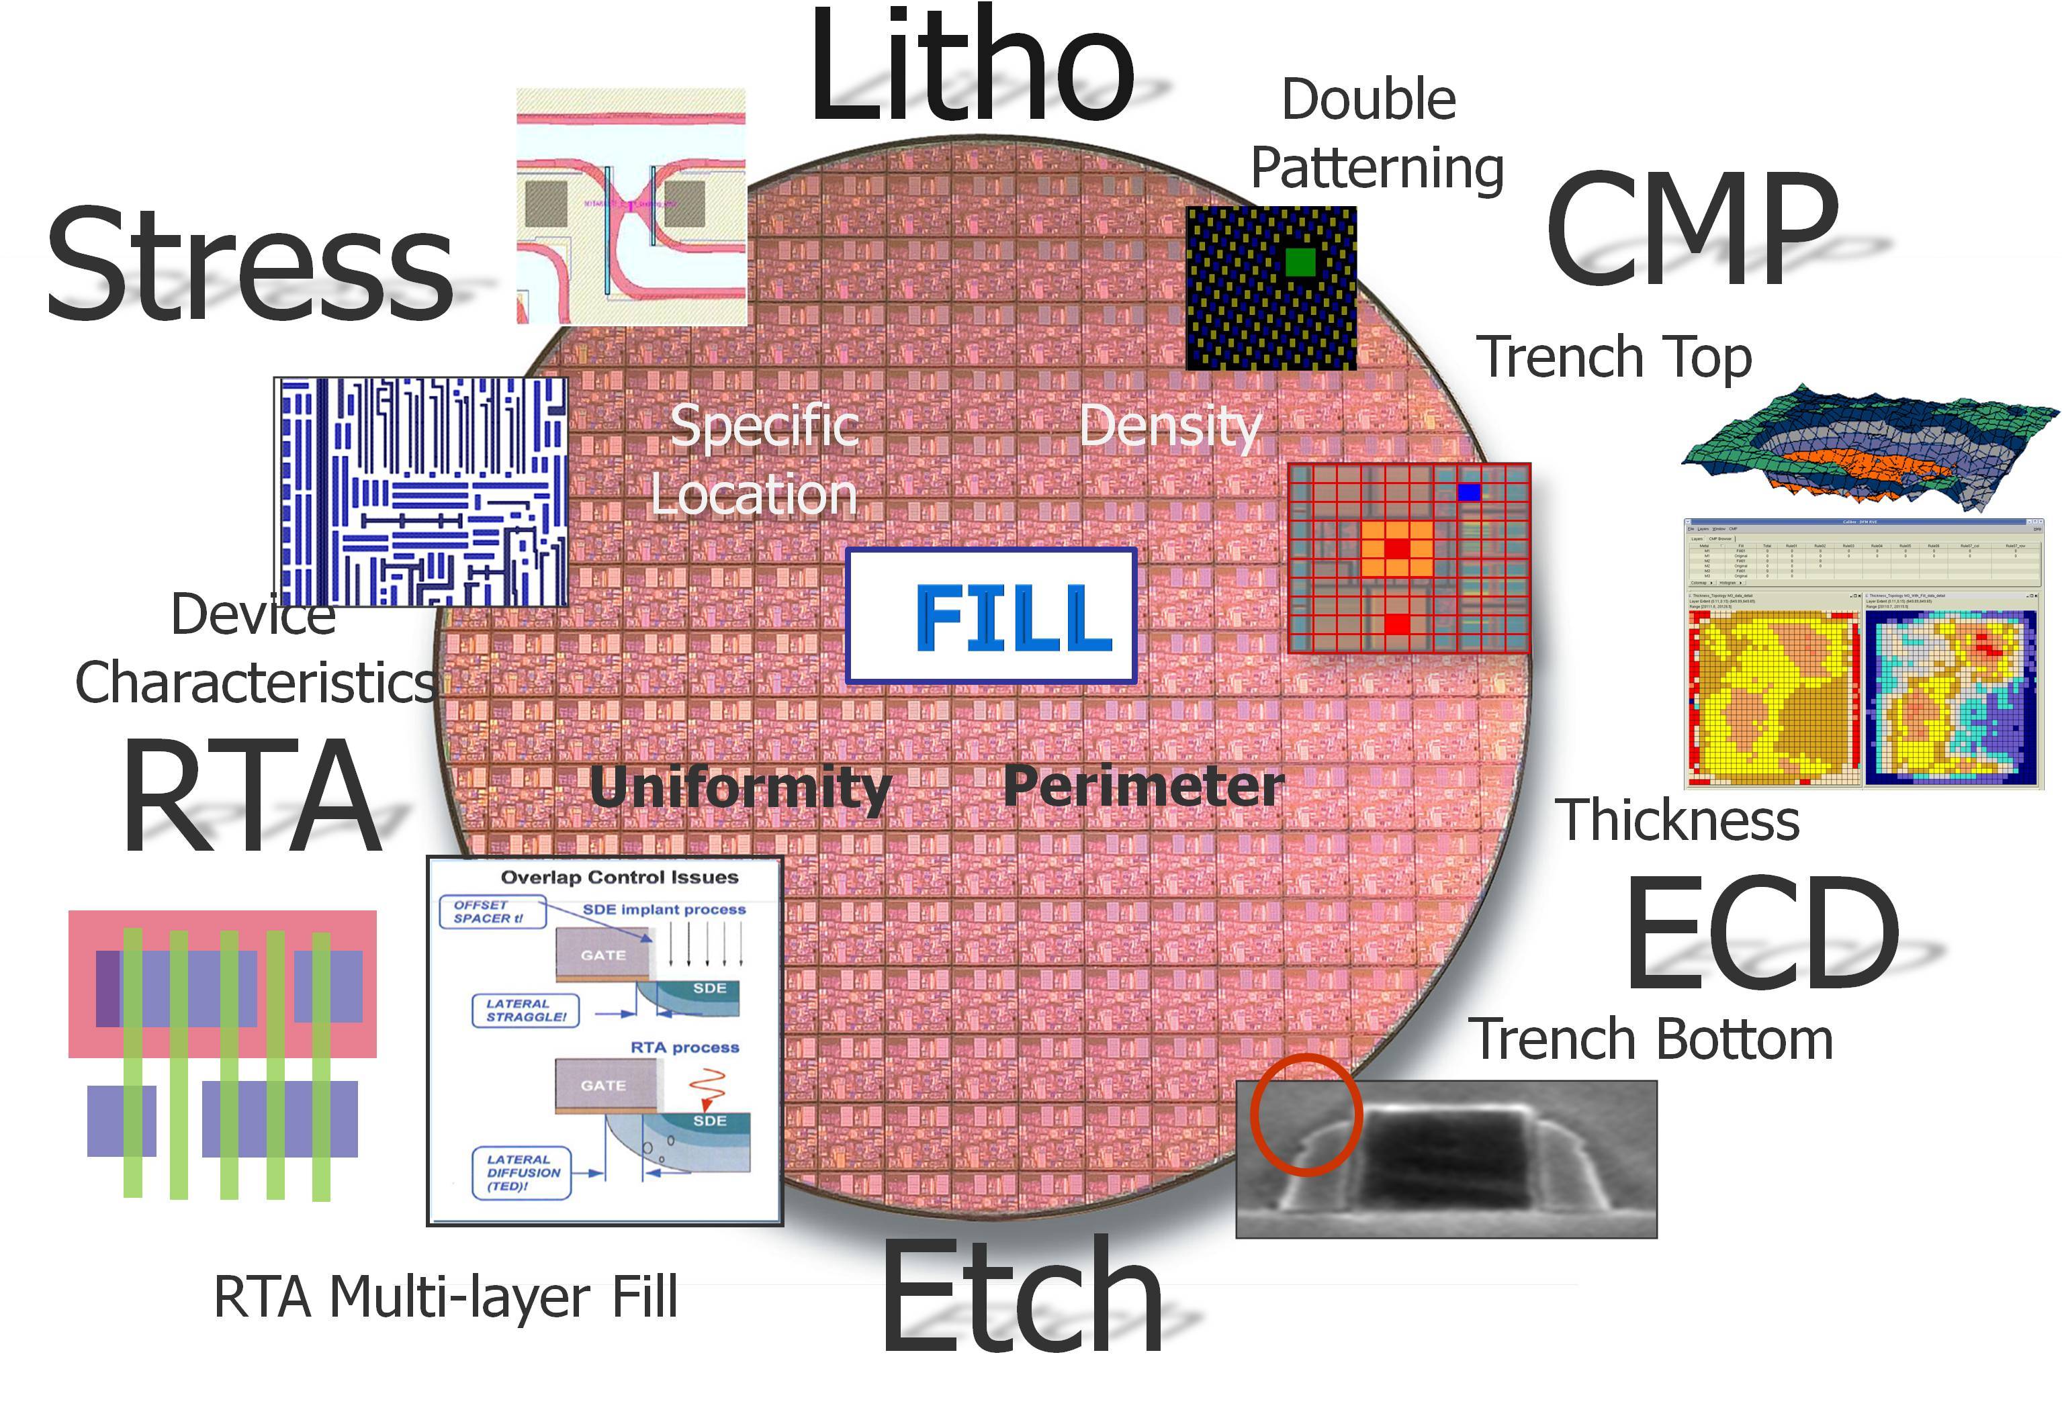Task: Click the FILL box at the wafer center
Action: pos(991,616)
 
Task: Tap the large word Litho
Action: pos(971,66)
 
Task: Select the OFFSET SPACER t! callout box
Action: pos(491,912)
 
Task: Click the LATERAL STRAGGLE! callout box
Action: pos(525,1010)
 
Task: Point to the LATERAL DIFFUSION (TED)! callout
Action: pos(523,1173)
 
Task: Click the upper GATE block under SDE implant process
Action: pos(603,955)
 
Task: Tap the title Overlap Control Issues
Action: pos(619,878)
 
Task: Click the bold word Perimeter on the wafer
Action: pos(1142,786)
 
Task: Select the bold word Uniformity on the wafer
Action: pos(740,788)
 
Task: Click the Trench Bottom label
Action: pos(1650,1039)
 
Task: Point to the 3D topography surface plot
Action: pos(1868,448)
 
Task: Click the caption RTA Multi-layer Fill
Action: pos(445,1297)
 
